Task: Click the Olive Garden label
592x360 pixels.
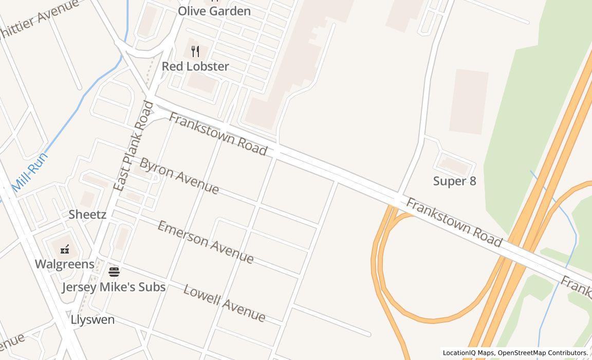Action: (214, 11)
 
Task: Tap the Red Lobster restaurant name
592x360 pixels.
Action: (195, 66)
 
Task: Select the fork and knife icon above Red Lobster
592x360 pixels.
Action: (195, 51)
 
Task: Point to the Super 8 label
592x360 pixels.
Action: (455, 181)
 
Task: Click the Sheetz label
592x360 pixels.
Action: (87, 214)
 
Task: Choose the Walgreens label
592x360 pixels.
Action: (65, 264)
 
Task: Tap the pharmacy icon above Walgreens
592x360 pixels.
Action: (65, 250)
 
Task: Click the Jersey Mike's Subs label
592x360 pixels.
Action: (114, 287)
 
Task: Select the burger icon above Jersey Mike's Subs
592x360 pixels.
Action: (114, 271)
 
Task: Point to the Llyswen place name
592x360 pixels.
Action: (92, 319)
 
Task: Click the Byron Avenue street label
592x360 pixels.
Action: (179, 176)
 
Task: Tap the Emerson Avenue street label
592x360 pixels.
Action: (205, 242)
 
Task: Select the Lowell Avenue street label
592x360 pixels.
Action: (224, 303)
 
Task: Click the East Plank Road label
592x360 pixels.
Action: (133, 147)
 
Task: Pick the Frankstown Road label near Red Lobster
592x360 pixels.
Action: (218, 134)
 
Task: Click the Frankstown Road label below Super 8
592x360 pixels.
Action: (454, 222)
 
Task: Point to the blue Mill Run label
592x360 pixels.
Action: (30, 172)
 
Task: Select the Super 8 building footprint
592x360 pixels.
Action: (455, 165)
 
